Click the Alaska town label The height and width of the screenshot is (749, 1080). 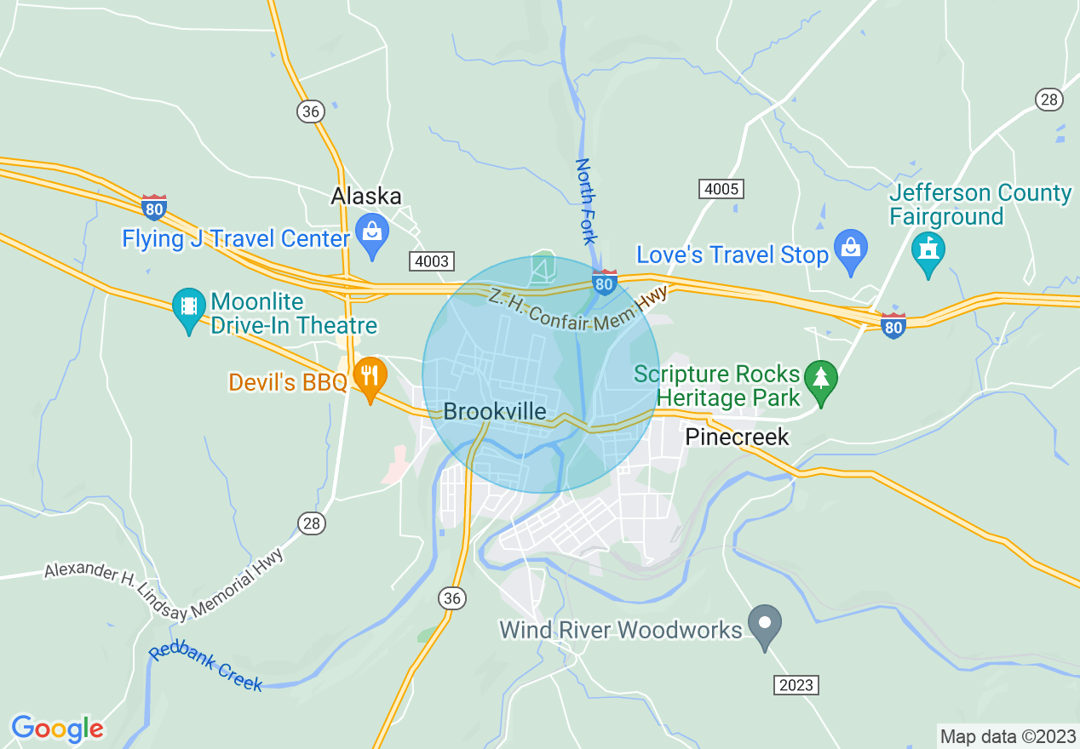click(x=365, y=196)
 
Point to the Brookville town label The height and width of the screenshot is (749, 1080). click(x=494, y=412)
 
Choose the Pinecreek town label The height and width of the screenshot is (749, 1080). click(x=737, y=437)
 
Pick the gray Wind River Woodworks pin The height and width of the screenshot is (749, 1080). click(x=765, y=624)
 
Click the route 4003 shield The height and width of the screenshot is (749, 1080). click(x=429, y=261)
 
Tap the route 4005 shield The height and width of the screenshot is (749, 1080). click(x=720, y=188)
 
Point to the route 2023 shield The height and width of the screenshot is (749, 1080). click(x=796, y=684)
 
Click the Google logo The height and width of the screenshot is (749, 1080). click(x=57, y=729)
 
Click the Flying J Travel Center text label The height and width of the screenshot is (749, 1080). click(x=236, y=238)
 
